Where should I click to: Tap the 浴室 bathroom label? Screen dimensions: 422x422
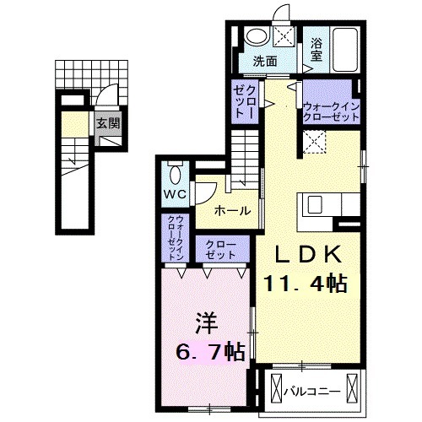pos(316,49)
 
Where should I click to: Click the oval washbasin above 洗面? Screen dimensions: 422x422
pos(256,37)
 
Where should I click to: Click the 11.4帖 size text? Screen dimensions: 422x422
pos(307,284)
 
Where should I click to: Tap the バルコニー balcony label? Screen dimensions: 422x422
pos(313,392)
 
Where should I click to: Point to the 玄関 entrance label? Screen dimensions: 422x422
pos(105,123)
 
